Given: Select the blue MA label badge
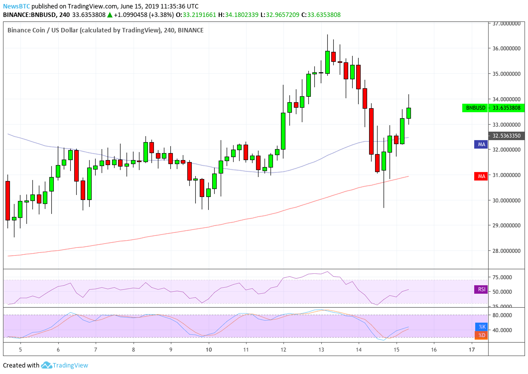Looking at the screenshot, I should (481, 144).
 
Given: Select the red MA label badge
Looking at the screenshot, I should (481, 176).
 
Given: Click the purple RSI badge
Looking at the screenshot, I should (481, 289).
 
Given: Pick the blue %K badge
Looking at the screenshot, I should (481, 327).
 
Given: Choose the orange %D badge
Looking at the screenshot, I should (481, 335).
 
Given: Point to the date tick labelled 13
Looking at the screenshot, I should (321, 351).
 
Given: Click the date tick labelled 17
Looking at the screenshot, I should (471, 351).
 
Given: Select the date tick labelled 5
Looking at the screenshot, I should (20, 351).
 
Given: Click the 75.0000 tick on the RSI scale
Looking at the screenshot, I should (504, 277).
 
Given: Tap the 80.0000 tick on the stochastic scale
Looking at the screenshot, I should (504, 315).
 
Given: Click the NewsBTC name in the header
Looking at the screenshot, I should (13, 6).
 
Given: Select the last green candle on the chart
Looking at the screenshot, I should (408, 113).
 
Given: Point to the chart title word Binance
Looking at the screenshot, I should (20, 30).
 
